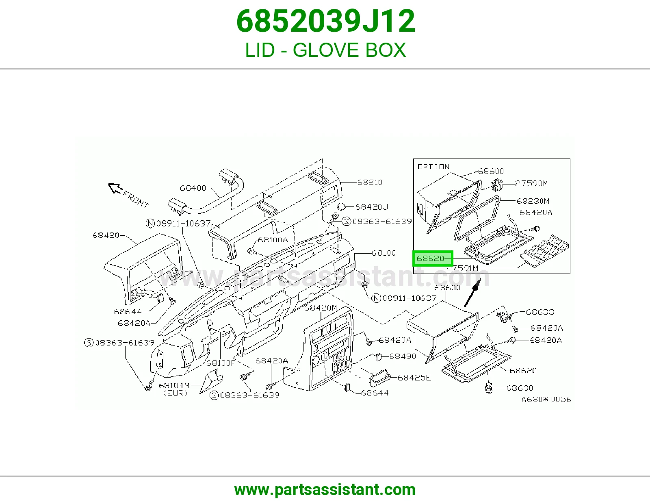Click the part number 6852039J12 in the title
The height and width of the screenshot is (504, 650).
pos(325,21)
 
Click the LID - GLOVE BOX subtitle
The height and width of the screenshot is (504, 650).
pos(325,50)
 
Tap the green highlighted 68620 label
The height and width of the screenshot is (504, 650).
pos(433,258)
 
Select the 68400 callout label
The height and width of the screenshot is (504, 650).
pos(193,188)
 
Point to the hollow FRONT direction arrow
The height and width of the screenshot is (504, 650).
pos(115,188)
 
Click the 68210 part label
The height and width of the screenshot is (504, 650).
pos(370,182)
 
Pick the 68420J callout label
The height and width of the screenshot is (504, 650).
pos(371,207)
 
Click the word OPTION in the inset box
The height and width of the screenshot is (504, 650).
pos(433,167)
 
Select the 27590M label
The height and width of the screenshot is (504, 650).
pos(531,183)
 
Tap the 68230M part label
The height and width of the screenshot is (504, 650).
pos(533,201)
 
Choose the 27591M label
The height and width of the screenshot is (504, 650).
pos(462,268)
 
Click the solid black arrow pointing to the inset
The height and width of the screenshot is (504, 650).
pos(472,292)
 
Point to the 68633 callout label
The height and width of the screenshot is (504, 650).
pos(540,312)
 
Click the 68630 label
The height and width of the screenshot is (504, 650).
pos(520,388)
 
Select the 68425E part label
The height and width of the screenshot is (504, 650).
pos(414,378)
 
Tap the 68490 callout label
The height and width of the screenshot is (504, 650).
pos(403,356)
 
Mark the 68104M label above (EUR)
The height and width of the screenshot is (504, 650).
pos(174,385)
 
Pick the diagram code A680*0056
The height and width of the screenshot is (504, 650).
pos(546,400)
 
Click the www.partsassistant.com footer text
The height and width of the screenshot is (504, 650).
pos(325,490)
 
